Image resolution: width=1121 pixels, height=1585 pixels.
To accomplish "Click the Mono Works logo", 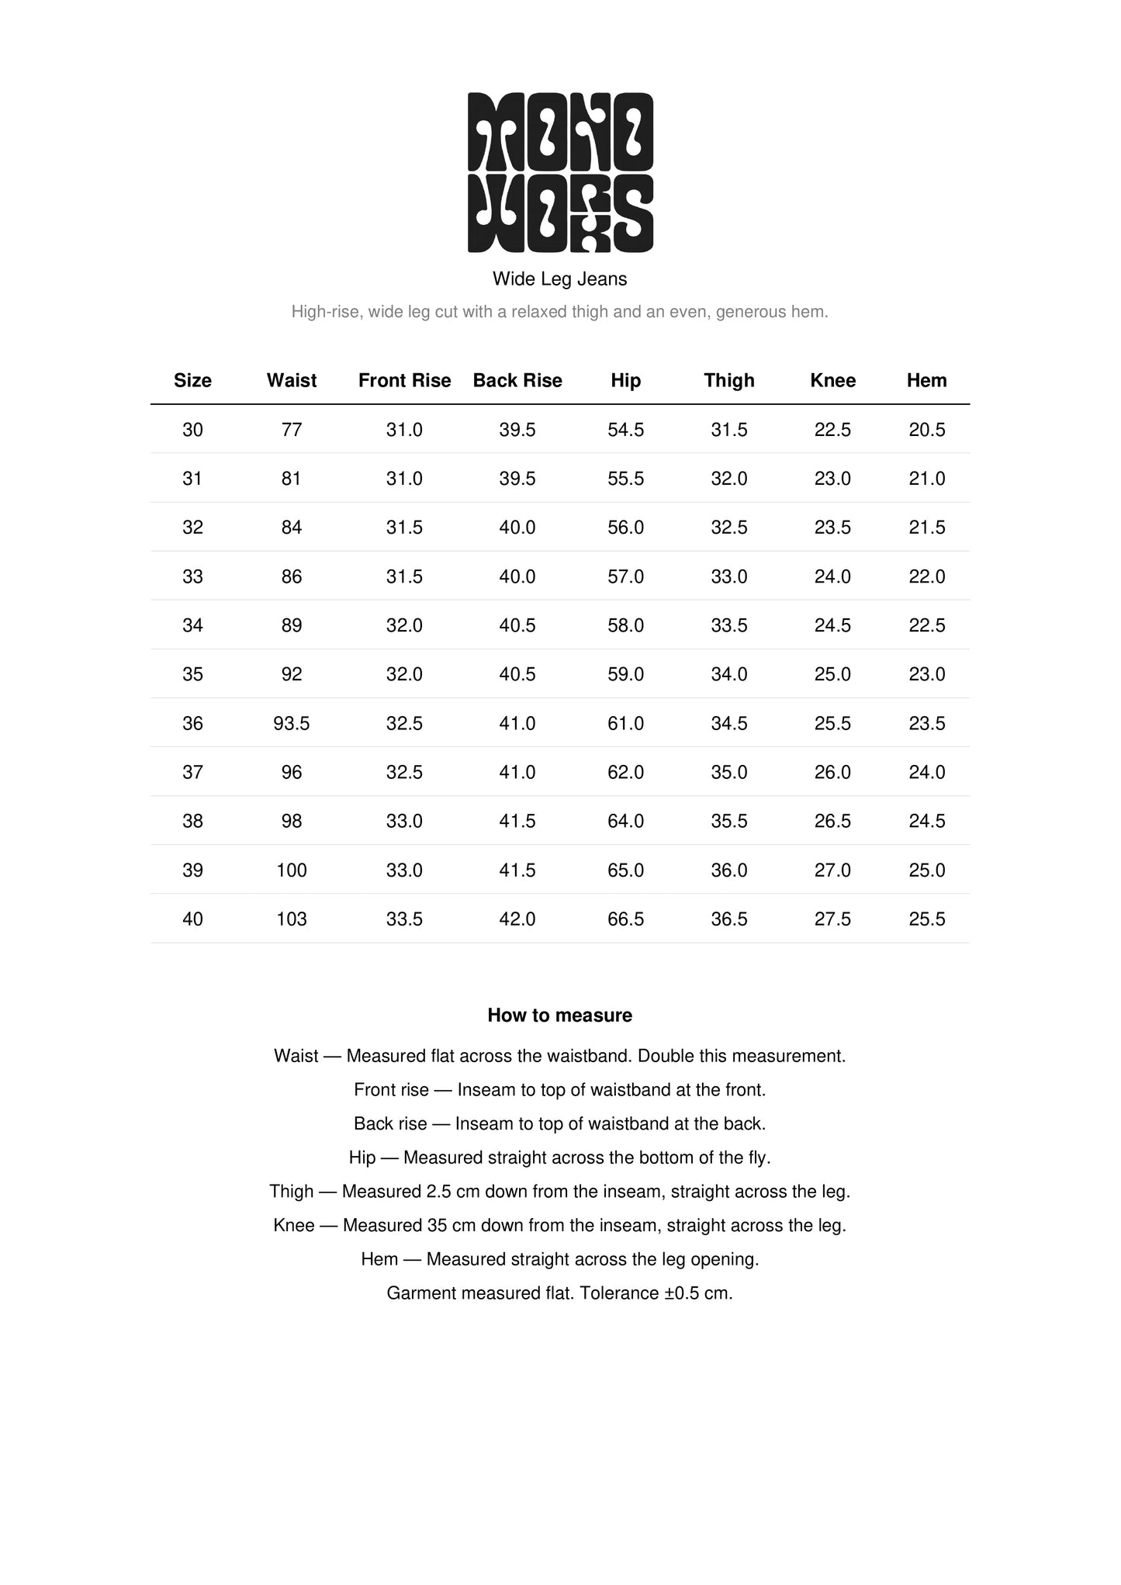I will [560, 172].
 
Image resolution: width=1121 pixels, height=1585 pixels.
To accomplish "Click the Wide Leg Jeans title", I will [560, 279].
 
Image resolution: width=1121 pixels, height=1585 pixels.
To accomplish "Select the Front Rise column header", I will [404, 381].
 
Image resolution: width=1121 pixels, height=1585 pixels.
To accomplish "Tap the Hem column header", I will [926, 381].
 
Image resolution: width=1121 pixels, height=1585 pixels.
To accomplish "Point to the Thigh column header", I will [729, 381].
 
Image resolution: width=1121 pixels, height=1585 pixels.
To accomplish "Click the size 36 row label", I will [192, 724].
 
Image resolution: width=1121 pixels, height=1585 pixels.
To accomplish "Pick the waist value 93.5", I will [292, 724].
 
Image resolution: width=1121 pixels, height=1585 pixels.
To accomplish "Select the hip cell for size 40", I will [626, 919].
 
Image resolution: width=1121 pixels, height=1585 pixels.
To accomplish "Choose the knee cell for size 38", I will [832, 822].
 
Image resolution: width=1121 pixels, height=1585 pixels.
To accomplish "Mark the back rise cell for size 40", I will [517, 919].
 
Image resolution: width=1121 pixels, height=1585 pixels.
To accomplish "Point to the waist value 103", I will [292, 919].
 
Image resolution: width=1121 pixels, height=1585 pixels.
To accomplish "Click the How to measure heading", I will [560, 1016].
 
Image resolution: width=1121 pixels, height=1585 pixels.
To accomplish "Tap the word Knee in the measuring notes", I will [294, 1226].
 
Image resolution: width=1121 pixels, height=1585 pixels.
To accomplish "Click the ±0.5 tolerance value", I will [685, 1293].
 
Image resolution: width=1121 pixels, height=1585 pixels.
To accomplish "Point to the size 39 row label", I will [192, 870].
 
